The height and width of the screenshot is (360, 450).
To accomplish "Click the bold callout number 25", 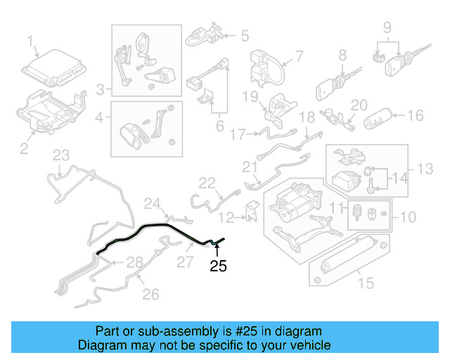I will pyautogui.click(x=219, y=266).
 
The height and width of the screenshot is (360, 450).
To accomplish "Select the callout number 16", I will pyautogui.click(x=415, y=115).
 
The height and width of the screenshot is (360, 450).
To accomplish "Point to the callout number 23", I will pyautogui.click(x=61, y=155).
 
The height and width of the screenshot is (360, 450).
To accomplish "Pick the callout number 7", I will pyautogui.click(x=298, y=56).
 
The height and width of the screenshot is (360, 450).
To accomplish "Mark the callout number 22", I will pyautogui.click(x=206, y=183).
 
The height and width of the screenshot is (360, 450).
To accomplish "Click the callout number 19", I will pyautogui.click(x=251, y=96).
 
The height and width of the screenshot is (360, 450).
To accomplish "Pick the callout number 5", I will pyautogui.click(x=245, y=34).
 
